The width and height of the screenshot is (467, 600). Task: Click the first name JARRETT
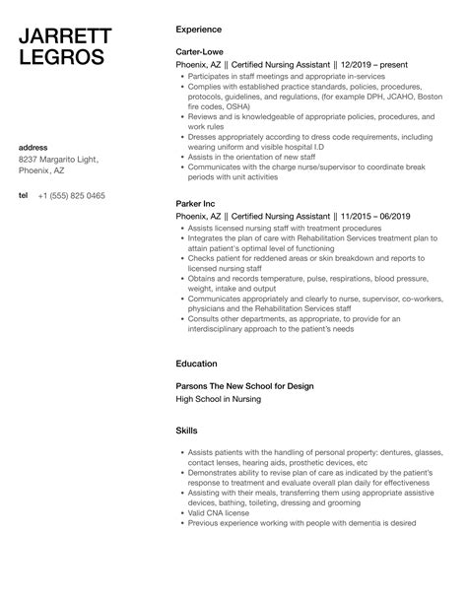coord(64,37)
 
